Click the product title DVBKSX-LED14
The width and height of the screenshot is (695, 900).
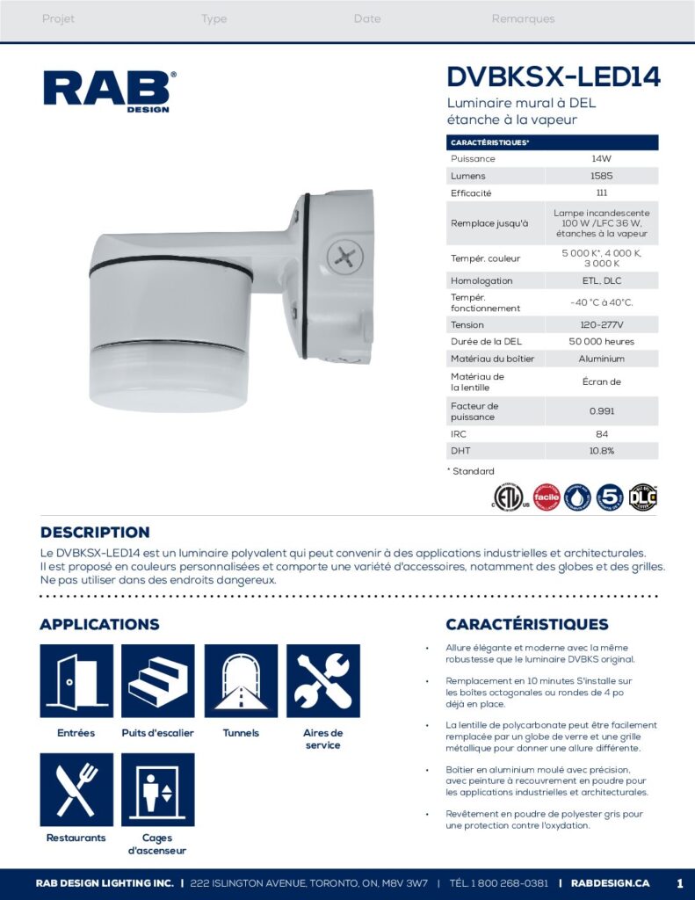click(x=553, y=77)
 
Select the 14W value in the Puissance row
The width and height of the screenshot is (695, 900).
click(x=601, y=159)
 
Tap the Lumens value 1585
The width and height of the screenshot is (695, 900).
click(x=601, y=176)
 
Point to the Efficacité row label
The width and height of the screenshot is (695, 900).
click(x=471, y=192)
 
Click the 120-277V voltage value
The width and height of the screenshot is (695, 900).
click(x=601, y=324)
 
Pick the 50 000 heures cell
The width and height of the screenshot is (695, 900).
click(x=601, y=341)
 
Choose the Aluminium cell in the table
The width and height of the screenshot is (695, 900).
click(x=601, y=359)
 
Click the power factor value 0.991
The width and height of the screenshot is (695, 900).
click(x=601, y=411)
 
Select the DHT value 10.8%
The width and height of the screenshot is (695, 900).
click(x=601, y=451)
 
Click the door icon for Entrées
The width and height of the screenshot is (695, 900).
click(x=76, y=681)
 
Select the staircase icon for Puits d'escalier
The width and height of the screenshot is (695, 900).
click(x=158, y=681)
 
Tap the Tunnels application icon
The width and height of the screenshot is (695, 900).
click(x=241, y=681)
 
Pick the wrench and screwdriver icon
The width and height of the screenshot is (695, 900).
click(x=322, y=681)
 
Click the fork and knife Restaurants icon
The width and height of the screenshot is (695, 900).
click(x=76, y=789)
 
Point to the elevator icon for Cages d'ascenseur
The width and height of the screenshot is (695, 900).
click(x=158, y=789)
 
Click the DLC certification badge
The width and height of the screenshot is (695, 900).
click(x=642, y=497)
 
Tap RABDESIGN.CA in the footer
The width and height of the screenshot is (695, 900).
click(x=610, y=882)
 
